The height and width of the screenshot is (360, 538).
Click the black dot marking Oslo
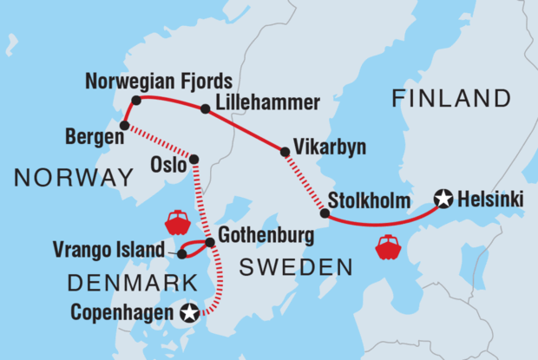click(x=194, y=159)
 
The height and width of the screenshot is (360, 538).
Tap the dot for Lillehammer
click(x=205, y=109)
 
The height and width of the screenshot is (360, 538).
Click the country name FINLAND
click(x=450, y=98)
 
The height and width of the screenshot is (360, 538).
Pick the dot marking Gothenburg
click(x=210, y=241)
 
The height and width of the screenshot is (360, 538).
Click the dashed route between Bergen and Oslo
click(x=159, y=142)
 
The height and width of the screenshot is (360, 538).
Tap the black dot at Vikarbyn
click(x=284, y=152)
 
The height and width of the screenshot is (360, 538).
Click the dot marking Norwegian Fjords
click(x=135, y=101)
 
